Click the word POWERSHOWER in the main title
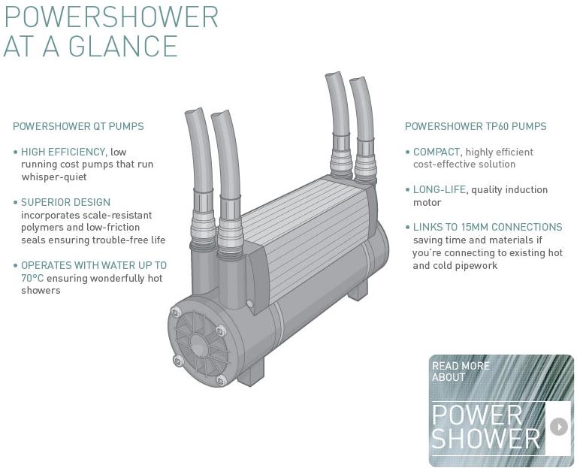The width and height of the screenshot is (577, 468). pyautogui.click(x=111, y=16)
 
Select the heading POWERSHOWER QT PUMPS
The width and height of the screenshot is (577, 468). pyautogui.click(x=78, y=126)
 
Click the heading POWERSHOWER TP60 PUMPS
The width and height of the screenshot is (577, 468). pyautogui.click(x=476, y=126)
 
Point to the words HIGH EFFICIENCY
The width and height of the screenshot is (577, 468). pyautogui.click(x=63, y=152)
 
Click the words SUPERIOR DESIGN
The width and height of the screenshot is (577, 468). pyautogui.click(x=65, y=202)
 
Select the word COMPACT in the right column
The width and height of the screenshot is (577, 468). pyautogui.click(x=437, y=152)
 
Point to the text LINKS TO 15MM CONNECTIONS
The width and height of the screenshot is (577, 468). pyautogui.click(x=488, y=227)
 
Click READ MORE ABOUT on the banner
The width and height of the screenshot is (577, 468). pyautogui.click(x=461, y=371)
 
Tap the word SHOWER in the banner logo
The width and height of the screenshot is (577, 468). pyautogui.click(x=486, y=438)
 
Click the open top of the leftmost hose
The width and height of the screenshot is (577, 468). pyautogui.click(x=195, y=113)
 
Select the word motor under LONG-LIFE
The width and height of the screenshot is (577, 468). pyautogui.click(x=427, y=202)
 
